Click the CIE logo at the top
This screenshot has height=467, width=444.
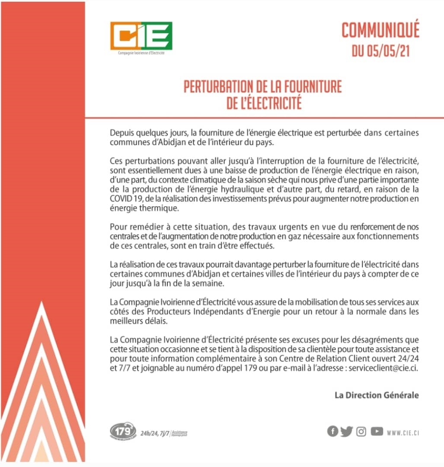141,36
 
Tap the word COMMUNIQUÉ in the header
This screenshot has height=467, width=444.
380,31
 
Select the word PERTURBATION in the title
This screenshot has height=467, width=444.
219,86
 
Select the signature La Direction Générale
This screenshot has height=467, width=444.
377,395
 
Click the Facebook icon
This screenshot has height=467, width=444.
332,432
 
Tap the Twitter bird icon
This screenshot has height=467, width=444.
346,432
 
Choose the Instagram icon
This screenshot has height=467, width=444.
361,432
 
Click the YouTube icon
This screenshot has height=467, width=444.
377,432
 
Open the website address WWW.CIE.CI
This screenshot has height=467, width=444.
403,432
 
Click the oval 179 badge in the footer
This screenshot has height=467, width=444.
123,431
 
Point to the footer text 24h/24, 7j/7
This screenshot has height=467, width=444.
155,433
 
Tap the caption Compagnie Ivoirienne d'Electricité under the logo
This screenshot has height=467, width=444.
141,53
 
